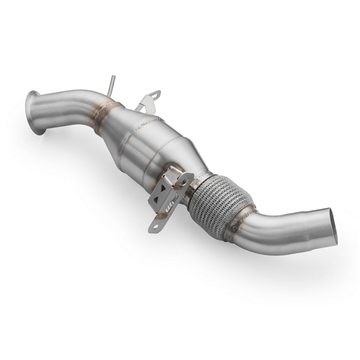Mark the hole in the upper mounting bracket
pyautogui.click(x=155, y=94)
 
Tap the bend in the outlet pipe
pyautogui.click(x=264, y=231)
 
